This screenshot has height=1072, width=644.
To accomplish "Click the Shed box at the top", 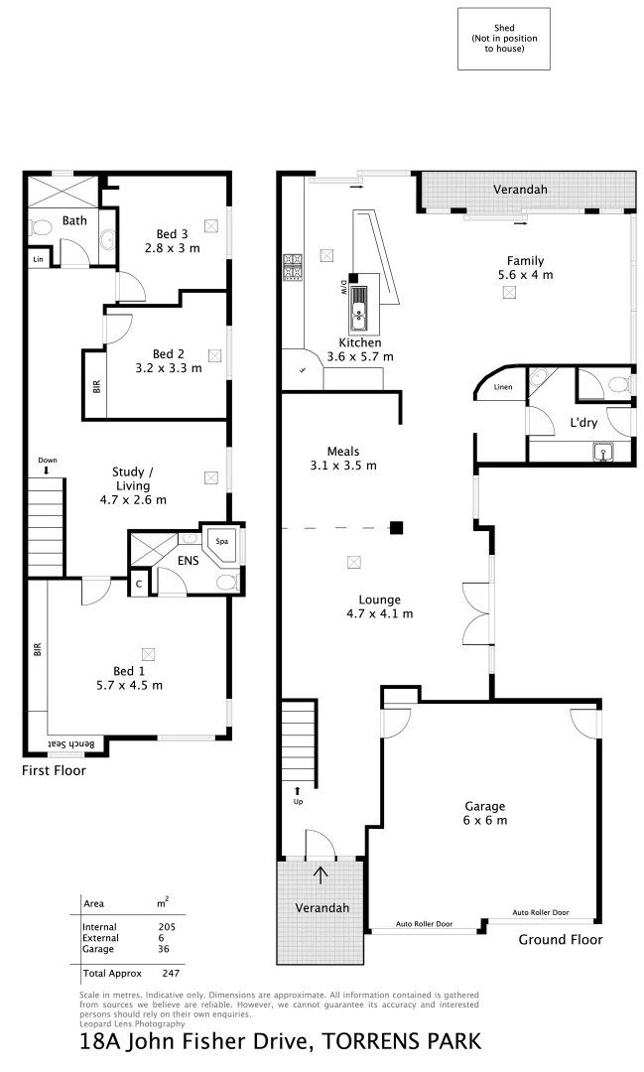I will (503, 40).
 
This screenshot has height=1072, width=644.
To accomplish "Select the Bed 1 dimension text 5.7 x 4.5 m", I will (129, 685).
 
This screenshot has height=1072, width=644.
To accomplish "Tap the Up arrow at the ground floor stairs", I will (296, 790).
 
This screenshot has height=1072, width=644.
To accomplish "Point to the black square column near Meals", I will (396, 527).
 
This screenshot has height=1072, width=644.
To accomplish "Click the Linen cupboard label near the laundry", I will (504, 386).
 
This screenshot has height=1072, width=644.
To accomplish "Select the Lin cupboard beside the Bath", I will (38, 259).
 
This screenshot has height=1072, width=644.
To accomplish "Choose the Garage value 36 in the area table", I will (163, 949).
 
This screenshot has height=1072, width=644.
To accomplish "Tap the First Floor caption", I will (54, 770).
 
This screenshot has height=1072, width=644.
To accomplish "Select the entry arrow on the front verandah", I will (320, 873).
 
